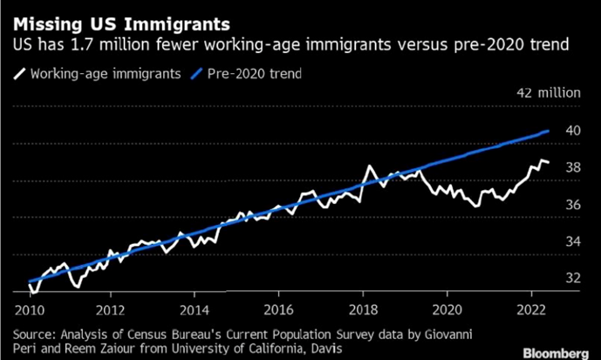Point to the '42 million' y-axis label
[548, 92]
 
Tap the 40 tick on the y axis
[572, 130]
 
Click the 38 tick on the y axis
[572, 167]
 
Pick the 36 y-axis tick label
[572, 204]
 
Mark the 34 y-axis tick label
[572, 241]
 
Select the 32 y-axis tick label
[572, 278]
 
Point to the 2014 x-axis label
[195, 309]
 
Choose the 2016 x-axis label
[279, 309]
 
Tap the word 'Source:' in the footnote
[35, 333]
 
